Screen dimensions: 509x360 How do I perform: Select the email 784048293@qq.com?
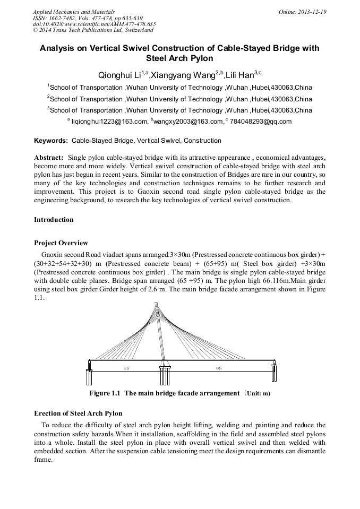[261, 122]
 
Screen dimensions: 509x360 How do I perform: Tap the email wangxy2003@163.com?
[188, 122]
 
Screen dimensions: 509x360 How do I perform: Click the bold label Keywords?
[51, 141]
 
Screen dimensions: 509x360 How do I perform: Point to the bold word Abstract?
[49, 158]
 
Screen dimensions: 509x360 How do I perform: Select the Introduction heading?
[54, 219]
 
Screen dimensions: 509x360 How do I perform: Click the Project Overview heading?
[61, 243]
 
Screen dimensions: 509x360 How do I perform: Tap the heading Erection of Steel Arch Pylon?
[78, 413]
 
